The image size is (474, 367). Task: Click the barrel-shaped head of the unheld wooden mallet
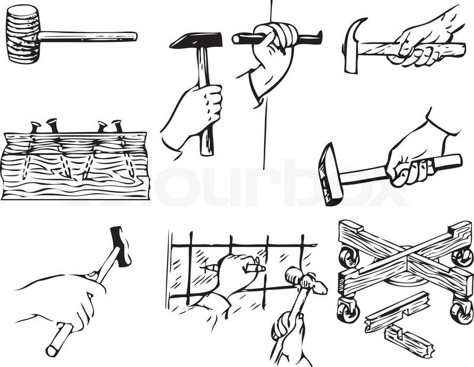coord(23,34)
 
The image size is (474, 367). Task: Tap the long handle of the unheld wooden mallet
coord(88,37)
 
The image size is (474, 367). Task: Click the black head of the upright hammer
coord(197,40)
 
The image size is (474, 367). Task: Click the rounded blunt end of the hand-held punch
coord(237,38)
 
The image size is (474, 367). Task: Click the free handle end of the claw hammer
coord(460,49)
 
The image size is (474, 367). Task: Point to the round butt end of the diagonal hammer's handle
coord(52,351)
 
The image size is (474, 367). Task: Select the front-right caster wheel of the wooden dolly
coord(462,312)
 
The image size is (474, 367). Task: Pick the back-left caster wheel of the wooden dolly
coord(350,257)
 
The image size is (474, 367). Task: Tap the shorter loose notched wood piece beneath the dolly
coord(409,341)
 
